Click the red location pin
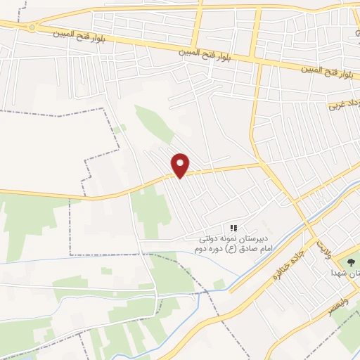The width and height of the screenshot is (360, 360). click(x=181, y=165)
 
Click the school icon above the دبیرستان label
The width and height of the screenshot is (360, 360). click(x=234, y=228)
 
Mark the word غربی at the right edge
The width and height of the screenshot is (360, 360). click(x=337, y=106)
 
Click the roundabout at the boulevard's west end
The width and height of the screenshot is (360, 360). click(x=31, y=27)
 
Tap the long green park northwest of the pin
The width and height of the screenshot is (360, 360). click(x=153, y=124)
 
